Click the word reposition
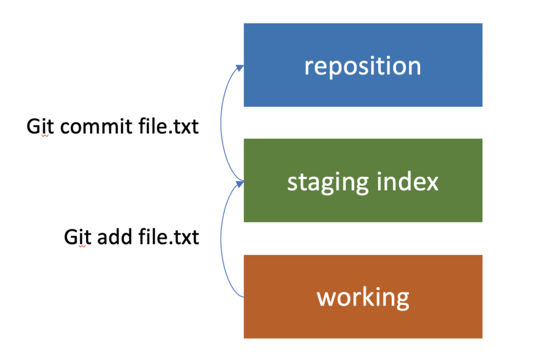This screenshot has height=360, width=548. [x=363, y=66]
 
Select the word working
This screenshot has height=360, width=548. [x=363, y=297]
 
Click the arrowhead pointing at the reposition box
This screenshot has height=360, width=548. [x=240, y=67]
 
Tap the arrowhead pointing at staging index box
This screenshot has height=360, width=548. [x=240, y=183]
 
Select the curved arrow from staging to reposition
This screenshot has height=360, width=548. [x=220, y=126]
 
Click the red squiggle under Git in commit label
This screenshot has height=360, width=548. [x=45, y=136]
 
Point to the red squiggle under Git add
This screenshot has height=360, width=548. [x=82, y=246]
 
